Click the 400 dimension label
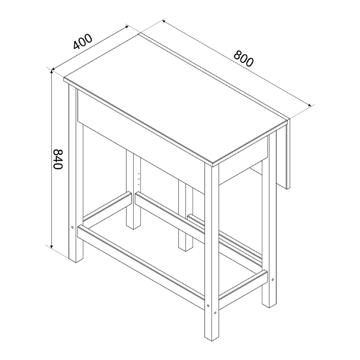82,41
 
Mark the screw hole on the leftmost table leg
72,228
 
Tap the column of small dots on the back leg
139,176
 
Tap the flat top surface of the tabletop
175,97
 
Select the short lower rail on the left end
106,209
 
